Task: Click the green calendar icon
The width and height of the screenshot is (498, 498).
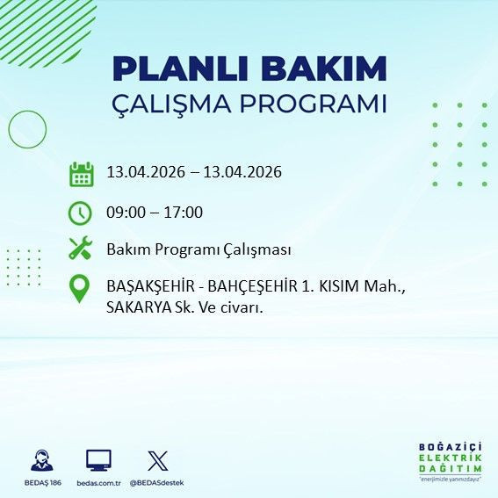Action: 81,173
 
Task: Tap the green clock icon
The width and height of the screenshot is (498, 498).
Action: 81,212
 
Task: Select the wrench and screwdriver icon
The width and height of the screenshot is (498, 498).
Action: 81,249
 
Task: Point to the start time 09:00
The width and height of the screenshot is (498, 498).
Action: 126,212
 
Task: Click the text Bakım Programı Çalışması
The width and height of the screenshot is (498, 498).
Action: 198,249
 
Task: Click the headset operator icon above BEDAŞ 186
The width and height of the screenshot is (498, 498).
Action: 40,461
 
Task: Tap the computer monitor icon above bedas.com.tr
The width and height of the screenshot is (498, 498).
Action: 98,461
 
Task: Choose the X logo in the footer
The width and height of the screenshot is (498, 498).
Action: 157,461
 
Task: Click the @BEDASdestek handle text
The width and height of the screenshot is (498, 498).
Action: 159,483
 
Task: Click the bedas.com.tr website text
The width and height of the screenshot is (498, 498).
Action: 98,483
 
